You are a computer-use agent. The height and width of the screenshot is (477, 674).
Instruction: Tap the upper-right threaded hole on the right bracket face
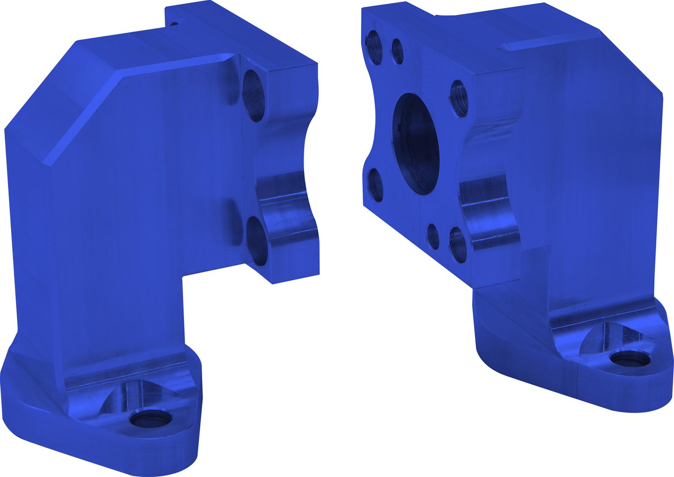[458, 97]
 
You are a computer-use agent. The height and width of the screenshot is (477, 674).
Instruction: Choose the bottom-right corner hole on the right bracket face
[457, 243]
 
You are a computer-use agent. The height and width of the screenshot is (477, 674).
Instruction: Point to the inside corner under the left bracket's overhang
[184, 278]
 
